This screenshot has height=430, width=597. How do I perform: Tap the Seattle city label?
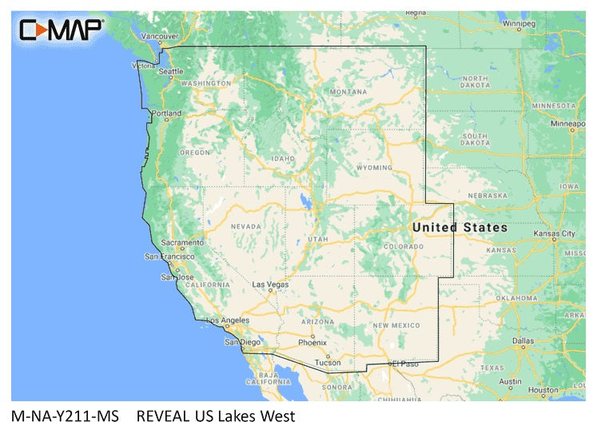point(171,71)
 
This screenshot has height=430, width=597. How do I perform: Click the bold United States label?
point(460,228)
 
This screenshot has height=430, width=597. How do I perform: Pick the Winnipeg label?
point(518,23)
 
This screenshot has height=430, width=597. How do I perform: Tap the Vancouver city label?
point(160,36)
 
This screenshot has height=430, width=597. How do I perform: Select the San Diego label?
point(242,342)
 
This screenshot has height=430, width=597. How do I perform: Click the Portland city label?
point(167,113)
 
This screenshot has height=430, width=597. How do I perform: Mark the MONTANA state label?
point(349,92)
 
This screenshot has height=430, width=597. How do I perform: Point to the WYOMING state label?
point(374,168)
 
